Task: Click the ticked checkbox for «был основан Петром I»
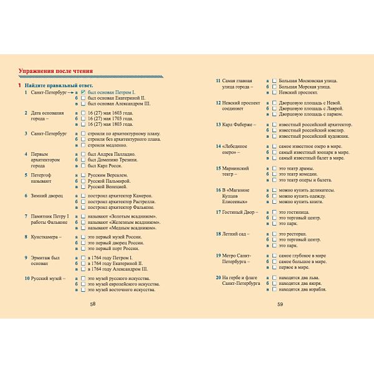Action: (84, 92)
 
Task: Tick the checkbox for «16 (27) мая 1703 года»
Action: (84, 118)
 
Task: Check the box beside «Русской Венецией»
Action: (84, 186)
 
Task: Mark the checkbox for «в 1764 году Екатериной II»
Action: (84, 263)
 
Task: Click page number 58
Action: (93, 304)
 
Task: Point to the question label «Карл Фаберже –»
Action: (236, 124)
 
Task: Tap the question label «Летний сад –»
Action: (235, 233)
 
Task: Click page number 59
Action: (280, 304)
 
